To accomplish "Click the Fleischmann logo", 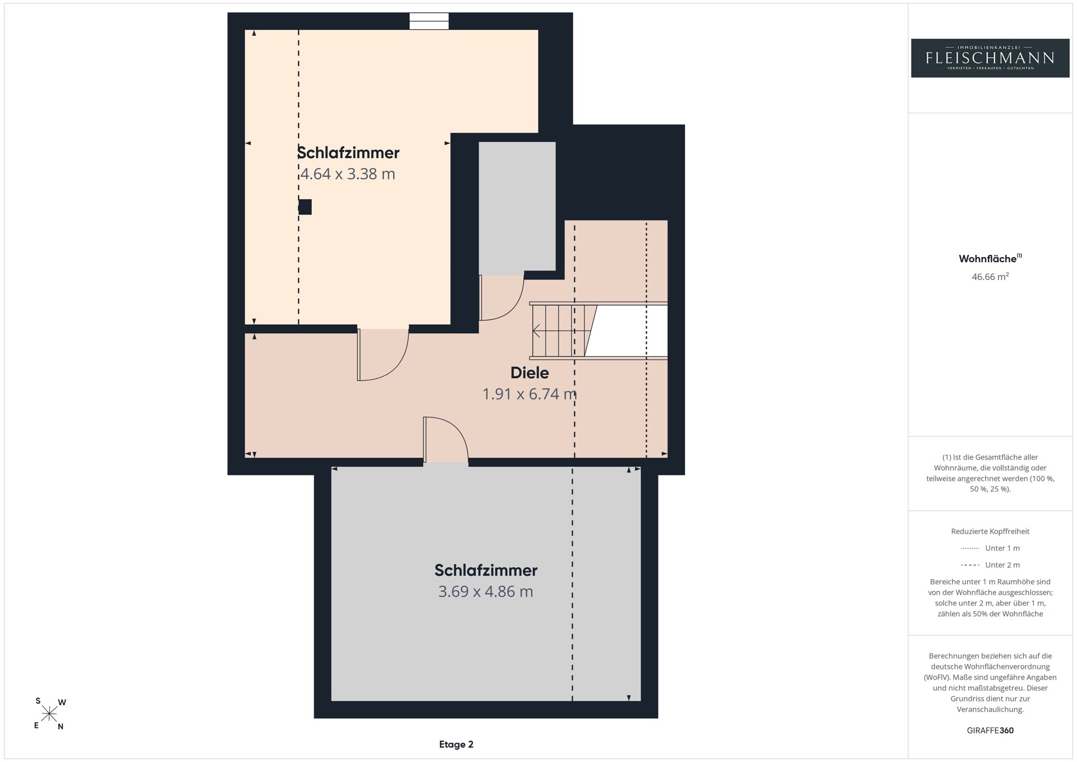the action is tap(990, 58).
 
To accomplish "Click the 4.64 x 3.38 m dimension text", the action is tap(348, 174).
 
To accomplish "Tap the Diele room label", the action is tap(530, 373).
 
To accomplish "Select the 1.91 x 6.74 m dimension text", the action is tap(530, 394).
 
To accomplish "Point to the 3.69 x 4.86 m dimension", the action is tap(486, 591).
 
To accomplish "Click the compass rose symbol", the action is tap(49, 714).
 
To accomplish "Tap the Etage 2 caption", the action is tap(456, 745).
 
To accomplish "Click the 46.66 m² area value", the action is tap(990, 276).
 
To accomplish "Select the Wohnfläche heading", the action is tap(990, 259).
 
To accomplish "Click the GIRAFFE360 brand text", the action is tap(990, 731).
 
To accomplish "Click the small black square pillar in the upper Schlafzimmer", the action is tap(305, 207).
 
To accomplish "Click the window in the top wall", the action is tap(429, 21).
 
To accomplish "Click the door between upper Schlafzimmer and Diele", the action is tap(383, 355).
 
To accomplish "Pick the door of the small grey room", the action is tap(501, 297).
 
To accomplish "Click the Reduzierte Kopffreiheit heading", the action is tap(990, 531).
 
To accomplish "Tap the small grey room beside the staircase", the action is tap(517, 206).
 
